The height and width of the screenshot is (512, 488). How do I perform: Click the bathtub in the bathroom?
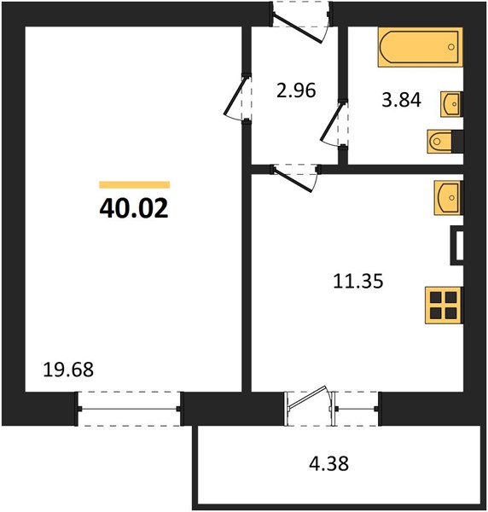coord(419,48)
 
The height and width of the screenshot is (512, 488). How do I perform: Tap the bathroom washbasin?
coord(451,104)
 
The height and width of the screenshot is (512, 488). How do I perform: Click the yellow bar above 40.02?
coord(134,184)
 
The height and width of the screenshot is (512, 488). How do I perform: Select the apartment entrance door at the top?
coord(300,21)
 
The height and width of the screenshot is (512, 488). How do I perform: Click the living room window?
coord(131,404)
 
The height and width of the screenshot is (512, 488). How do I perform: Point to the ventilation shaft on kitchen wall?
coord(456,246)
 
